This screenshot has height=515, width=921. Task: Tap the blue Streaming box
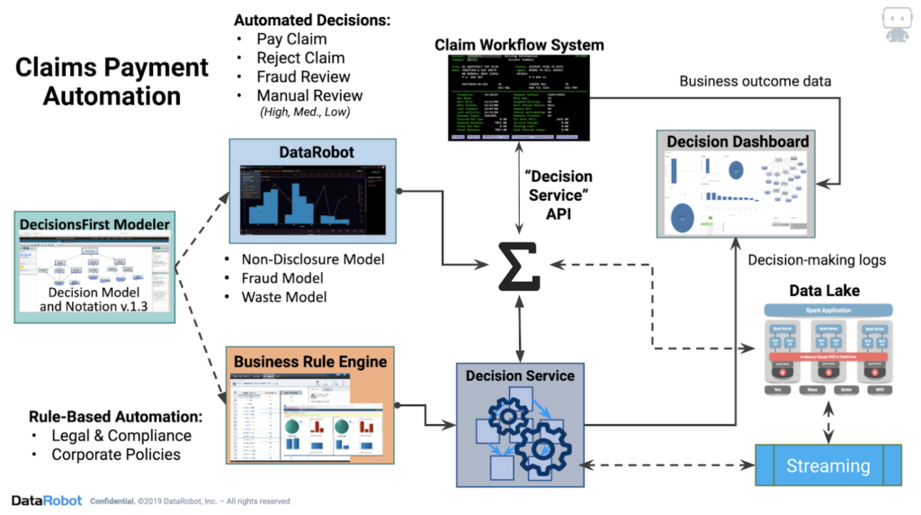(x=827, y=465)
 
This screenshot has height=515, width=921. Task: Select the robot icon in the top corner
(x=896, y=24)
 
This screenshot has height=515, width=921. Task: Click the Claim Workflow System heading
(x=519, y=44)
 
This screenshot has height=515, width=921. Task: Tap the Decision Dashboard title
(x=738, y=142)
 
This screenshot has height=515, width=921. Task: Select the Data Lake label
(x=824, y=290)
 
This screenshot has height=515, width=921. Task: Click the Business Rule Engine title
(x=309, y=362)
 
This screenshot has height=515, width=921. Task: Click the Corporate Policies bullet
(x=116, y=454)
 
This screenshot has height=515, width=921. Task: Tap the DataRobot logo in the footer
(x=47, y=501)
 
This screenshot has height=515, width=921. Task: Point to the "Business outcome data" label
(x=754, y=81)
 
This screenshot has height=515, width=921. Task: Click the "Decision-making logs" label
(x=817, y=260)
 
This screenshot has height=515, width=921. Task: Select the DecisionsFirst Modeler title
(x=94, y=222)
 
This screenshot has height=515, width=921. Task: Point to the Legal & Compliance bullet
(x=121, y=436)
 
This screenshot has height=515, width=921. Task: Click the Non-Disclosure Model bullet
(x=313, y=259)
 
